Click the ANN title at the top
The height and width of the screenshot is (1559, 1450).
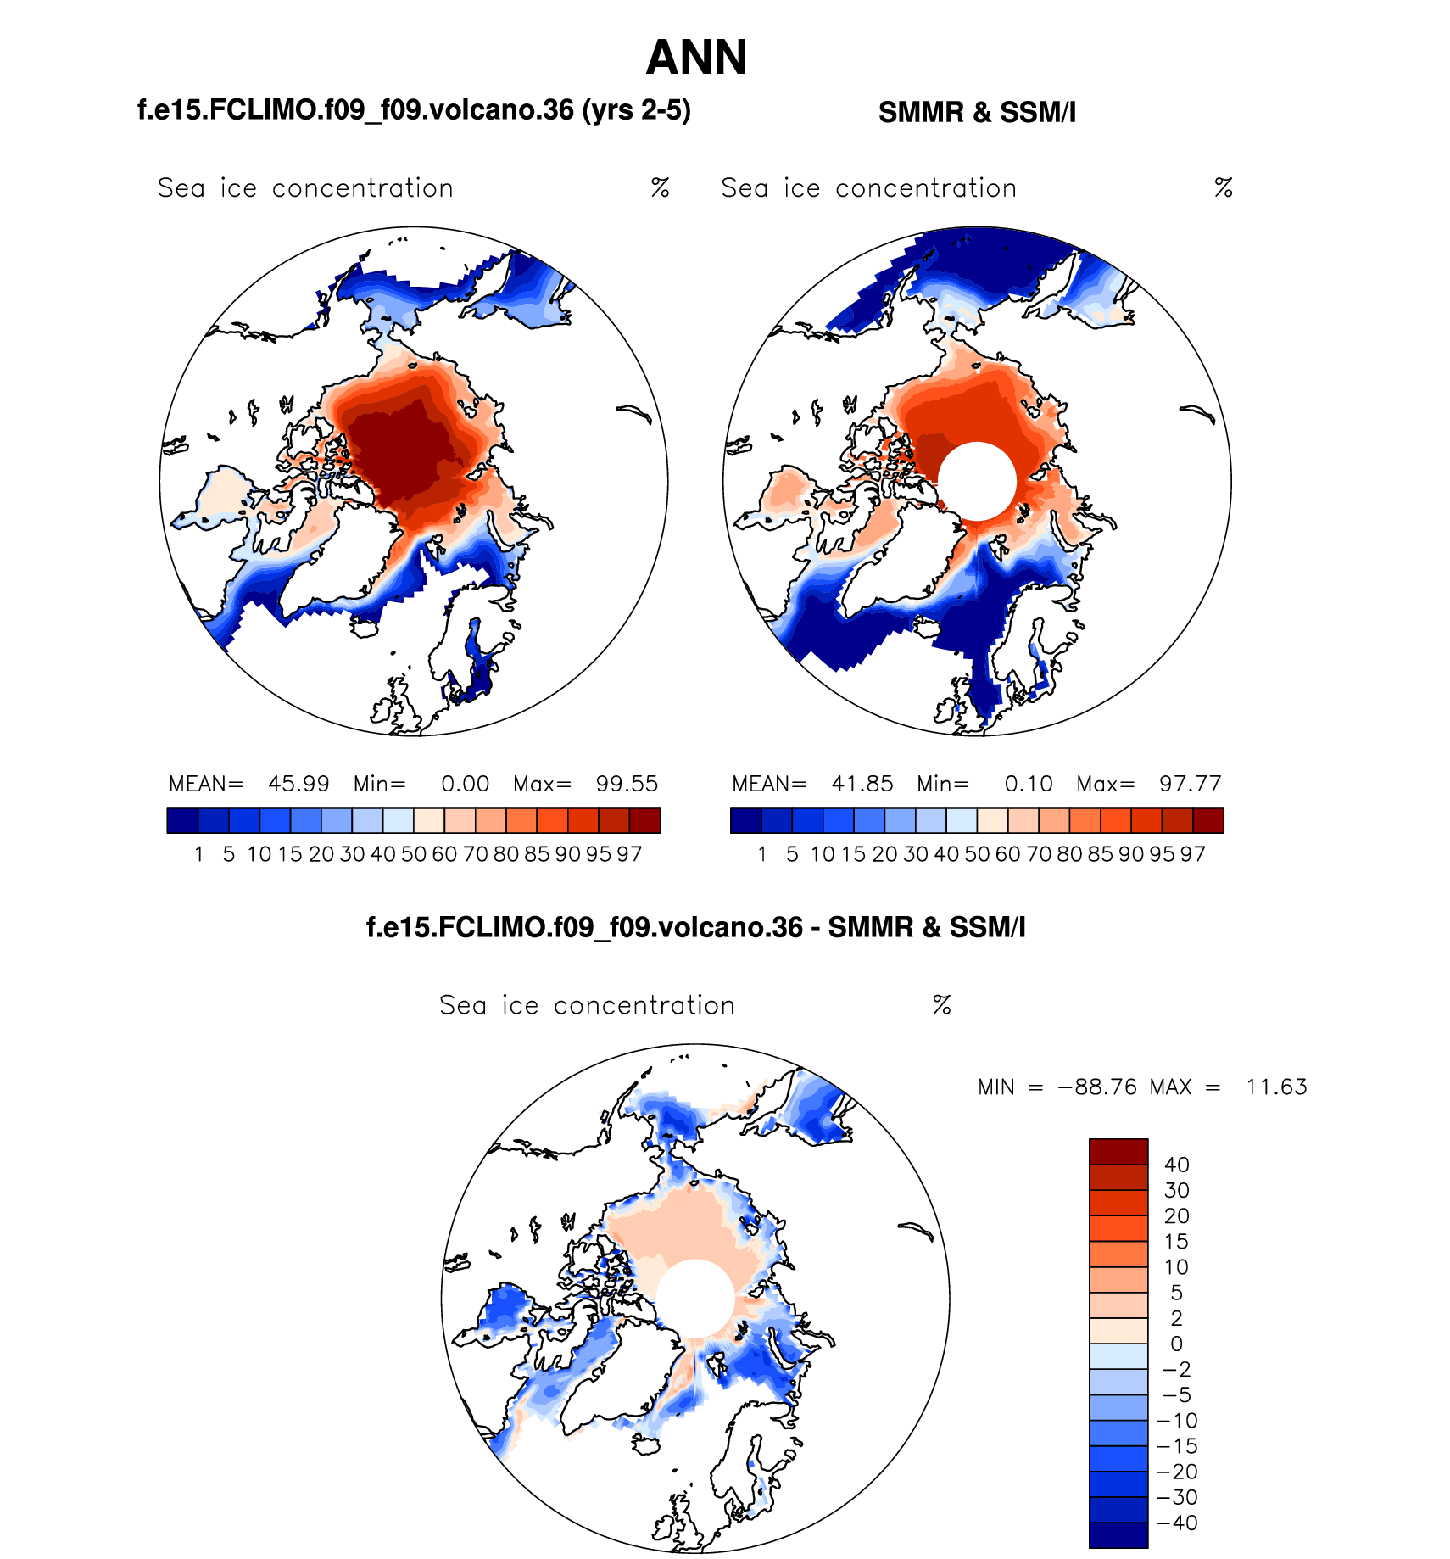click(696, 58)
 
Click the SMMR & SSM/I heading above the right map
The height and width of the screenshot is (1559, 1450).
click(977, 112)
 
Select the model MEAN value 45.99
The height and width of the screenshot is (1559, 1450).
click(298, 784)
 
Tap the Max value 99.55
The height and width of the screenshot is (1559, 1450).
click(627, 784)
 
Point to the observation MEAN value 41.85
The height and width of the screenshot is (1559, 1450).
click(862, 784)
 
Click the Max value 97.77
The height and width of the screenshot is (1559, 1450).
click(1191, 784)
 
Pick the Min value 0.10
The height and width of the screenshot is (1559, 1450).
click(1029, 784)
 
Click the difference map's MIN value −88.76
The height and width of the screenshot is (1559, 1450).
click(1097, 1087)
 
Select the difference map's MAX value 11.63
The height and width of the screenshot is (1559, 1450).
click(1276, 1087)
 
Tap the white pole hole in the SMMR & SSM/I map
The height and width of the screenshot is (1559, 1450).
click(977, 481)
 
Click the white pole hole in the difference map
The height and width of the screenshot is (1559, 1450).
click(695, 1299)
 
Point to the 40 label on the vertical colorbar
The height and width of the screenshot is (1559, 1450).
click(1177, 1165)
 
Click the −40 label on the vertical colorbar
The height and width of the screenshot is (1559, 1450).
click(1177, 1523)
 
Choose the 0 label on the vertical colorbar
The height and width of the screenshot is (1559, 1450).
click(1176, 1344)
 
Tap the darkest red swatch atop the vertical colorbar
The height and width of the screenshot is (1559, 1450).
click(1118, 1152)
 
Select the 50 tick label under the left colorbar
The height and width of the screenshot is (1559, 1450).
click(414, 854)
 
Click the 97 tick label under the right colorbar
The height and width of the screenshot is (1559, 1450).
click(1192, 854)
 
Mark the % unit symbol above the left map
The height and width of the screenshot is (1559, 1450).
click(660, 187)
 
